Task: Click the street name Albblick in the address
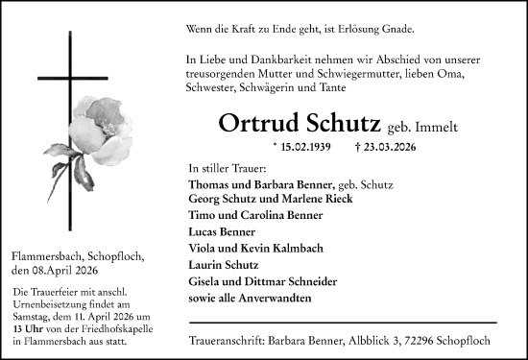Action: [375, 342]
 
